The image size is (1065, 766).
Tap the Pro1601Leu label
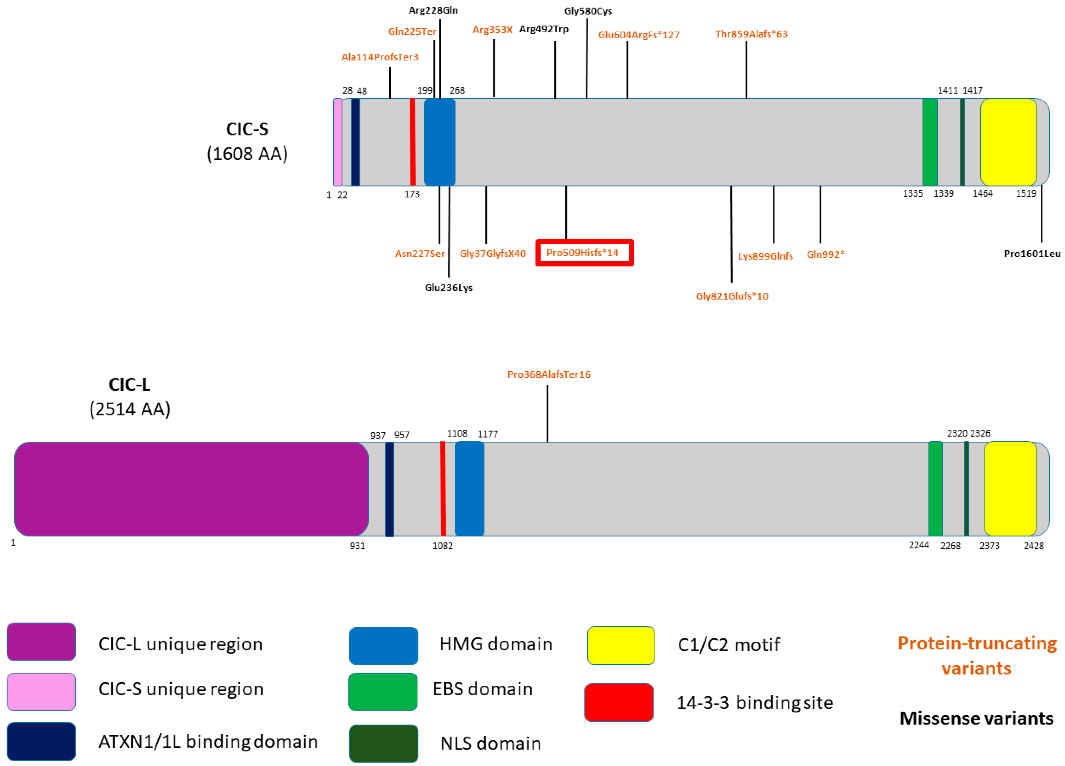tap(1032, 254)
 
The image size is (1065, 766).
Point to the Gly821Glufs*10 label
tap(731, 296)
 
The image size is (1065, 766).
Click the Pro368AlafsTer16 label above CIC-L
tap(548, 374)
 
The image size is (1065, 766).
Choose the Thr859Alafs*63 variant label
tap(751, 34)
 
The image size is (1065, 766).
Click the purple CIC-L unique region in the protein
tap(191, 489)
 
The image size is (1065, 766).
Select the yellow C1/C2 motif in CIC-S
tap(1008, 142)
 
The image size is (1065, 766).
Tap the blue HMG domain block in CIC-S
tap(439, 142)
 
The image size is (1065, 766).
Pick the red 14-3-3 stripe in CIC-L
tap(443, 489)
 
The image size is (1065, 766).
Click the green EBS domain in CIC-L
tap(935, 489)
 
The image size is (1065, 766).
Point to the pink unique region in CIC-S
tap(337, 142)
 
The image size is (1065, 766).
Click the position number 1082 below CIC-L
tap(442, 546)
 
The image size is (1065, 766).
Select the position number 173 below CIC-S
tap(412, 194)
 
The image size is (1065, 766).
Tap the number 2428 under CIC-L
tap(1033, 546)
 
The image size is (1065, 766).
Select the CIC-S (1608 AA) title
tap(247, 141)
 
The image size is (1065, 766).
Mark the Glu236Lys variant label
tap(448, 288)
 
